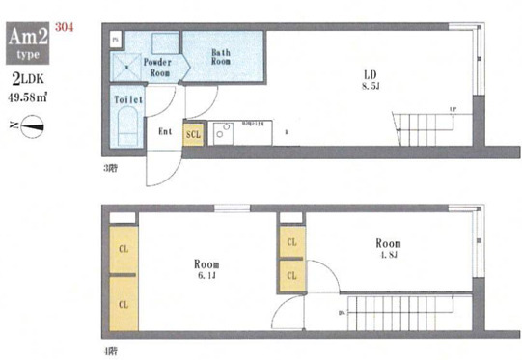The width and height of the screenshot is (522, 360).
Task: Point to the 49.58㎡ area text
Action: (x=32, y=95)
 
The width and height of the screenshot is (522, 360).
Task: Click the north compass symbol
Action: (x=31, y=124)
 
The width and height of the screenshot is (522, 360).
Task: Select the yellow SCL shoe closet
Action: (x=193, y=135)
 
